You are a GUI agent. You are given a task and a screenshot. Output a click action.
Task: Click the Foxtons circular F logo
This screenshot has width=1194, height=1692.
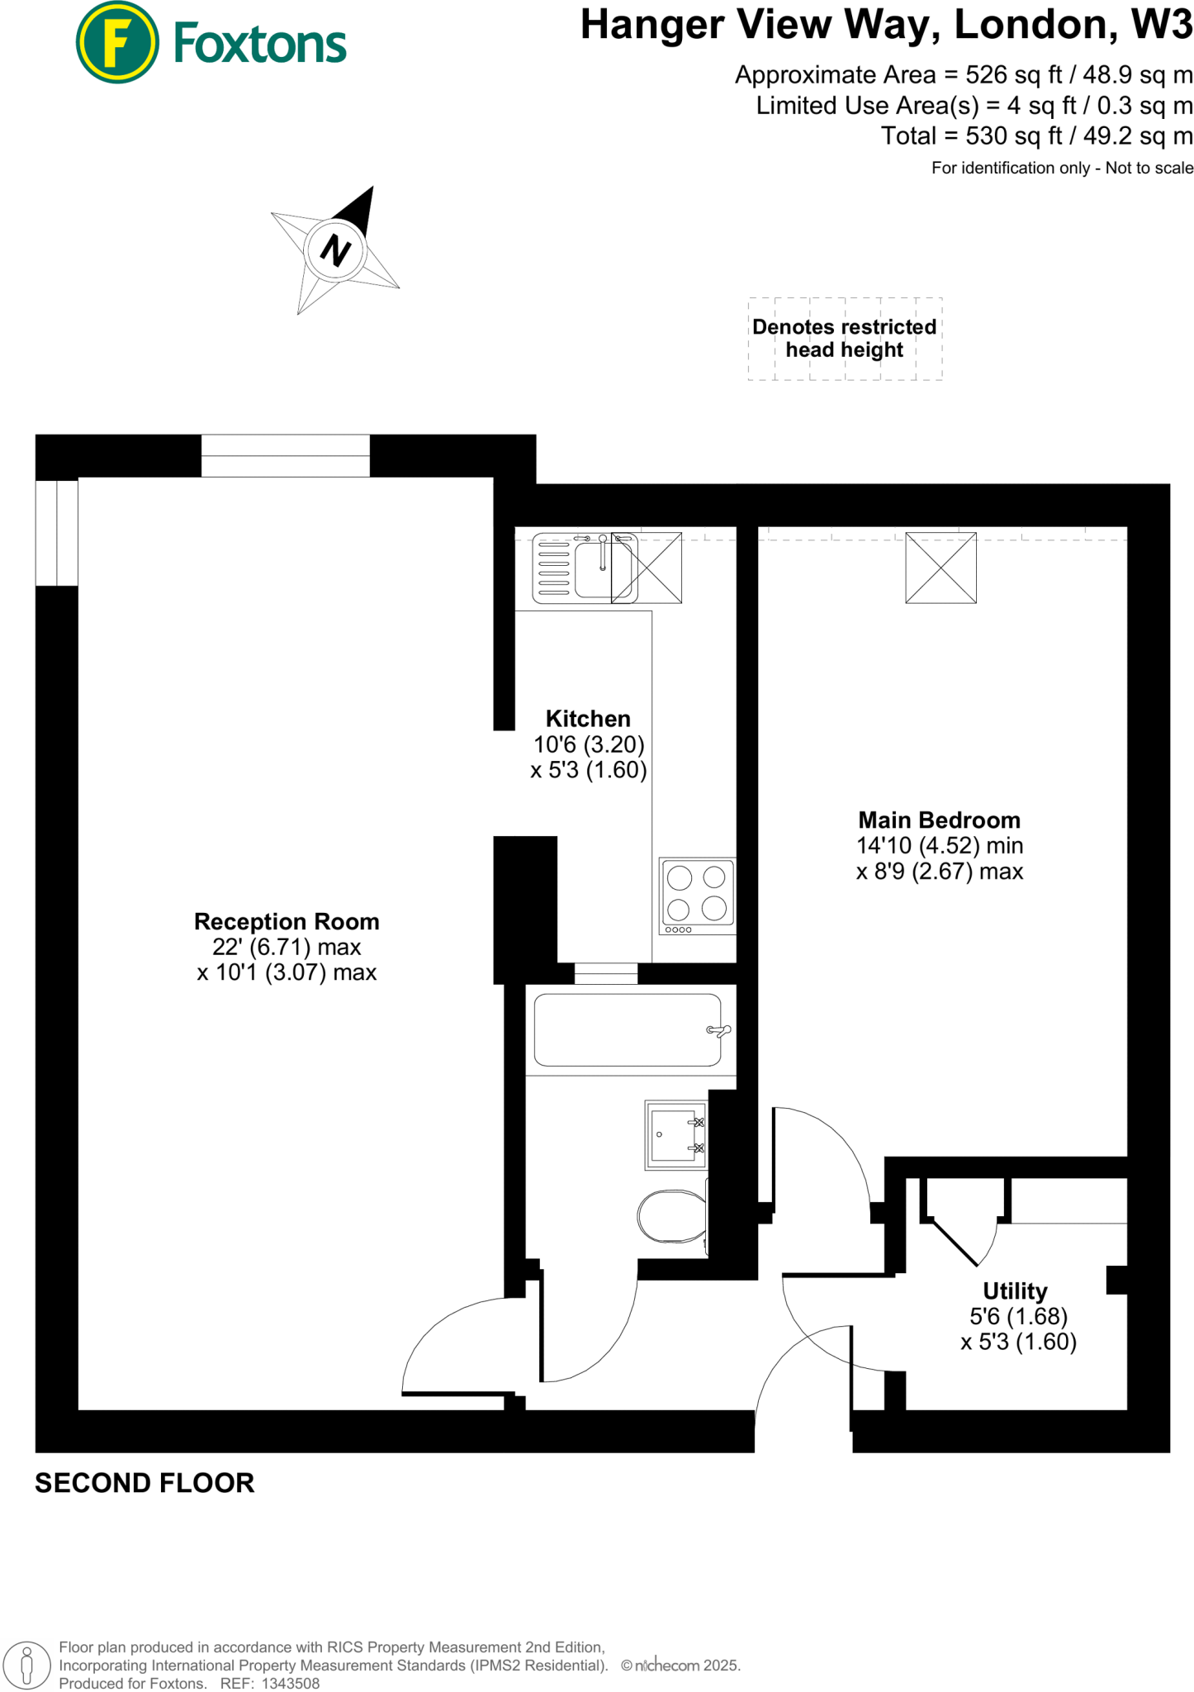116,42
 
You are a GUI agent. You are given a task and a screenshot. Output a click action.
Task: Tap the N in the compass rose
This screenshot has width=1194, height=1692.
335,250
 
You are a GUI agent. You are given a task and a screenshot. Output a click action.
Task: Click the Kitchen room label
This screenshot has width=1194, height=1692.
588,719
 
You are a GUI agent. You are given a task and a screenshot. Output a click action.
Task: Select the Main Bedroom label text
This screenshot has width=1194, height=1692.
939,820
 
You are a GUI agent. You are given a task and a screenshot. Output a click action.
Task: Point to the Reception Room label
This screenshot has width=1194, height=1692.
287,922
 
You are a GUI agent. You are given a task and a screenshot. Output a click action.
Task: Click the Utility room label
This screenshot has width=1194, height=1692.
1015,1290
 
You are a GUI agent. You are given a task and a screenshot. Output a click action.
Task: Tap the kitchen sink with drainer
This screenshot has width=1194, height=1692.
585,568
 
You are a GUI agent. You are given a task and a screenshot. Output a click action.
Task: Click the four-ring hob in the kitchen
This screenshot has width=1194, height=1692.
697,896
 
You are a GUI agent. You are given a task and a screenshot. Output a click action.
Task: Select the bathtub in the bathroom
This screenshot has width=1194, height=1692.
628,1029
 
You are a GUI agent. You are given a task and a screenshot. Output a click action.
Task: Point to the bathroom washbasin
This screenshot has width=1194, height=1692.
675,1135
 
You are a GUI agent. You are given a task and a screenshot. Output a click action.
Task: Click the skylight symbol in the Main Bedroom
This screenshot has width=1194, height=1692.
941,568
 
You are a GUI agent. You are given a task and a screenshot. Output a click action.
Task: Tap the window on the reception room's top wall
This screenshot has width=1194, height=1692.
285,455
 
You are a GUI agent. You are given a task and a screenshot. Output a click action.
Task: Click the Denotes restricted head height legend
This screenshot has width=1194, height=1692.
844,338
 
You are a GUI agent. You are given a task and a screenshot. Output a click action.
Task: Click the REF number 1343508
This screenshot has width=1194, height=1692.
290,1683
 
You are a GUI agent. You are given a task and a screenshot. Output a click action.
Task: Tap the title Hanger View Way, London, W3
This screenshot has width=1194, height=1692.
886,25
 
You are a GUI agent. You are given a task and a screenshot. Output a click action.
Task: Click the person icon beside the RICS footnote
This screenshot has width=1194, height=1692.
26,1665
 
